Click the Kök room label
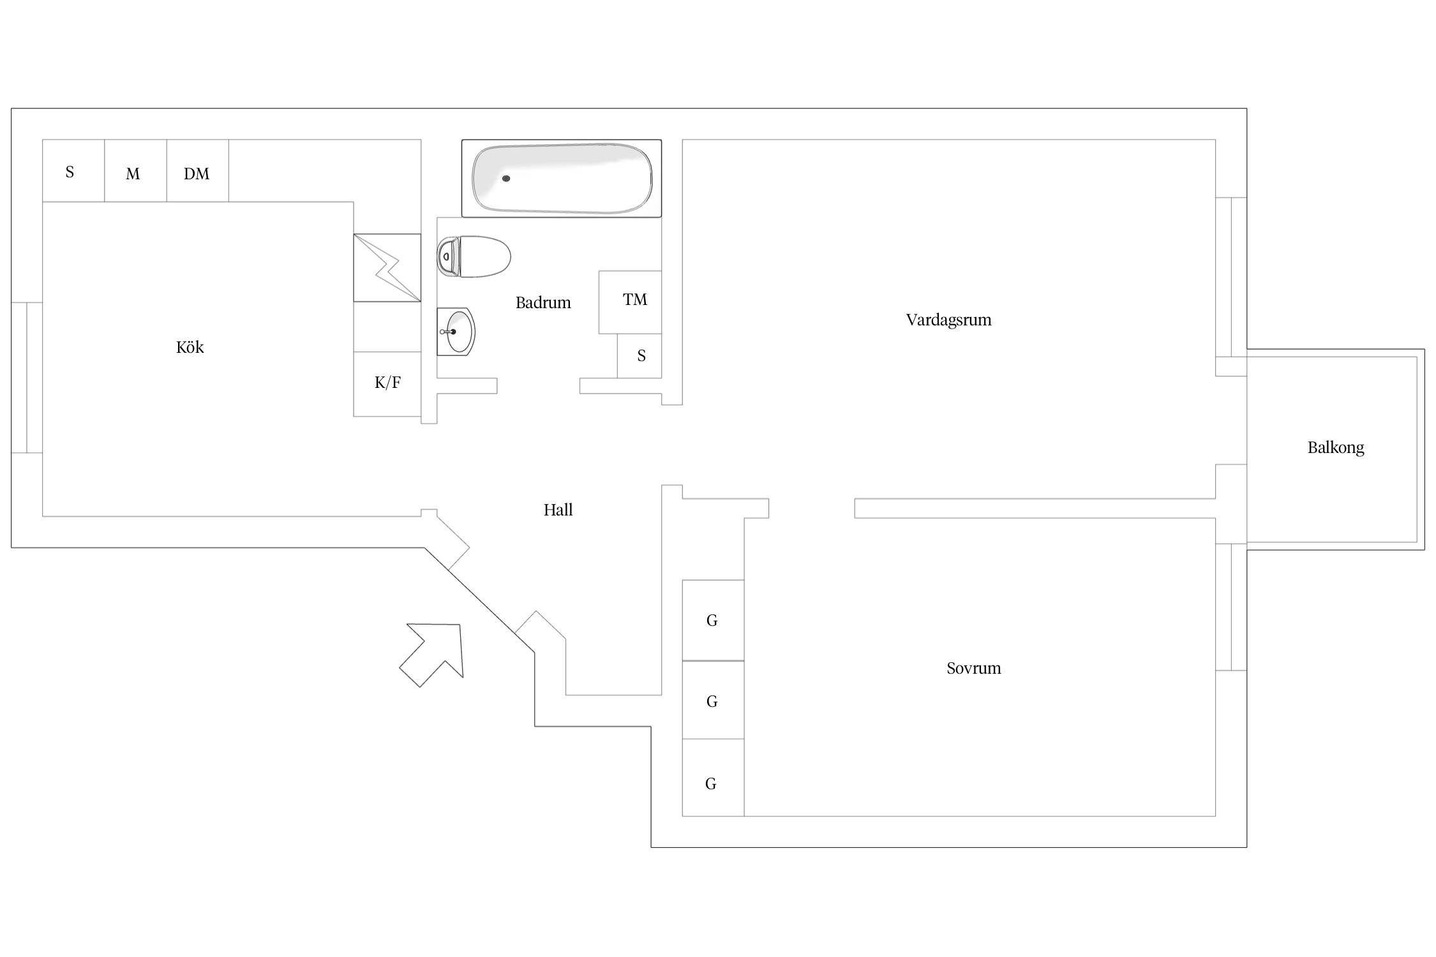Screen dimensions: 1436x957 [x=190, y=347]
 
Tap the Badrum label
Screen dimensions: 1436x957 [x=543, y=302]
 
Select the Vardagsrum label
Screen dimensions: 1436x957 [x=948, y=320]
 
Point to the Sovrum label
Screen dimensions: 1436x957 [x=973, y=668]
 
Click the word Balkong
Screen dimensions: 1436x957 [x=1336, y=448]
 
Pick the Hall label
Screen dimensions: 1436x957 [x=558, y=510]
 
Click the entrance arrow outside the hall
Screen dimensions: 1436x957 [x=431, y=655]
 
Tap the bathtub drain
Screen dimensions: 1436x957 [x=506, y=179]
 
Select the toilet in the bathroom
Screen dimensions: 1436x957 [x=474, y=256]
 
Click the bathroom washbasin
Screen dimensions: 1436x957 [x=456, y=332]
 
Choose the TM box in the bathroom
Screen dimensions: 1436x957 [x=630, y=302]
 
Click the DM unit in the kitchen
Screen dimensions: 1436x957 [x=198, y=170]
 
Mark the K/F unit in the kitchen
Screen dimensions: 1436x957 [x=387, y=384]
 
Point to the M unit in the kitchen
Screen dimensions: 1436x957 [x=136, y=170]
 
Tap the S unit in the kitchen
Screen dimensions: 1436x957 [x=73, y=170]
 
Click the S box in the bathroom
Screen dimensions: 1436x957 [x=639, y=356]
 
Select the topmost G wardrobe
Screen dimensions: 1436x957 [x=713, y=620]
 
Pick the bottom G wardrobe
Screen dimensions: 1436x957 [x=713, y=778]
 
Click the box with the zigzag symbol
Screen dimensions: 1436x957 [x=387, y=268]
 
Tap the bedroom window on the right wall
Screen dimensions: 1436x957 [x=1231, y=607]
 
